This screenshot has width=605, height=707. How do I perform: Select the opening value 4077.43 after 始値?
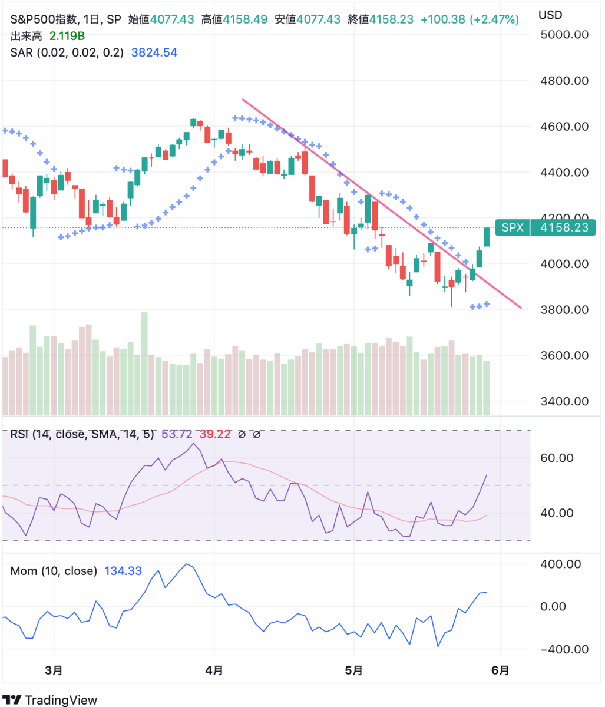(x=171, y=19)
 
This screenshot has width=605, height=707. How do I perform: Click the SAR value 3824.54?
(x=154, y=52)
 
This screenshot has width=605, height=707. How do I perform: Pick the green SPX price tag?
(x=512, y=227)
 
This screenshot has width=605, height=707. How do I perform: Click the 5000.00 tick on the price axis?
(x=565, y=35)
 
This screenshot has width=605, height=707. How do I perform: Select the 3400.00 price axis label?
(x=565, y=402)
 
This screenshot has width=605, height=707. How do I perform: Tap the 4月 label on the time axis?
(x=214, y=670)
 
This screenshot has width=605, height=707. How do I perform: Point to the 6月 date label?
(x=500, y=670)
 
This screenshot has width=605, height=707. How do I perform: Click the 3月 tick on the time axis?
(x=54, y=670)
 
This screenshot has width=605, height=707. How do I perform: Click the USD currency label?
(x=550, y=15)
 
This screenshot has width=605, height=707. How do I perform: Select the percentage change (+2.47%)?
(x=494, y=19)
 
